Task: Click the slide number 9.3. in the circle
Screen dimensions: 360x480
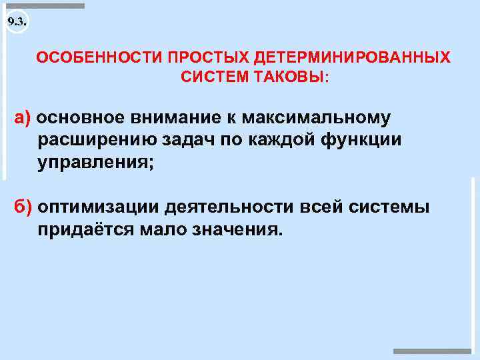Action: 17,22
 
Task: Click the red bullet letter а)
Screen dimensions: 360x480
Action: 23,118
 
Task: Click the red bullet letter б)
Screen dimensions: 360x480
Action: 23,207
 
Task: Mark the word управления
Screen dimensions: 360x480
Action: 95,163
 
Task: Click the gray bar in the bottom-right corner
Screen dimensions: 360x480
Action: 432,351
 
